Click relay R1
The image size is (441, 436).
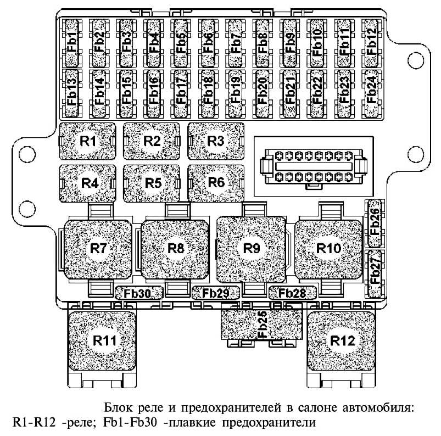pos(87,141)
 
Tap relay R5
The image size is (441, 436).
pos(152,182)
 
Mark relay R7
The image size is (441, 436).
pos(98,248)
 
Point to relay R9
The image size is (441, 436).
pos(251,248)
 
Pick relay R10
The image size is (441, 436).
pos(328,248)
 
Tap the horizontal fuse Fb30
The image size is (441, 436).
pos(137,293)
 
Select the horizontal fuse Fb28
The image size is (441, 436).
pos(292,293)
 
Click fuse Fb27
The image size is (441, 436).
pos(375,274)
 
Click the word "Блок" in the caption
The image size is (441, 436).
pos(118,409)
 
